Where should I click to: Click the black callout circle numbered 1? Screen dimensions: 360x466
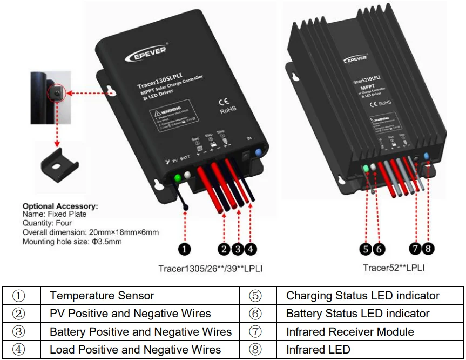coord(185,249)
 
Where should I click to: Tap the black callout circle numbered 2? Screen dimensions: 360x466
coord(224,249)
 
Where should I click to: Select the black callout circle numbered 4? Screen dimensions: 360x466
coord(251,249)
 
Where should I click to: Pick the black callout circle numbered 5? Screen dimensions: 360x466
coord(366,249)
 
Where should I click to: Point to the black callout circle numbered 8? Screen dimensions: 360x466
coord(428,249)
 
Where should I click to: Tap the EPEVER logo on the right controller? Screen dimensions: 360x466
coord(355,57)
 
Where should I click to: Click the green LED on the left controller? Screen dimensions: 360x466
coord(177,178)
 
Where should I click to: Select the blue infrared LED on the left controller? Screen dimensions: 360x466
coord(258,153)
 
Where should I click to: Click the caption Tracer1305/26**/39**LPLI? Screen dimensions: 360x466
coord(211,268)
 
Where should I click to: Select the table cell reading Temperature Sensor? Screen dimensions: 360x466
coord(102,296)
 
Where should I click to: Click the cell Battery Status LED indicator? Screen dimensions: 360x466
coord(357,314)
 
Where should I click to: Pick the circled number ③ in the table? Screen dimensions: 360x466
coord(19,331)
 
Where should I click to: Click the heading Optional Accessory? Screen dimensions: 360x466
coord(60,206)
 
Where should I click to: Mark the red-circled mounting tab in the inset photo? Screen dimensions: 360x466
coord(56,94)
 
